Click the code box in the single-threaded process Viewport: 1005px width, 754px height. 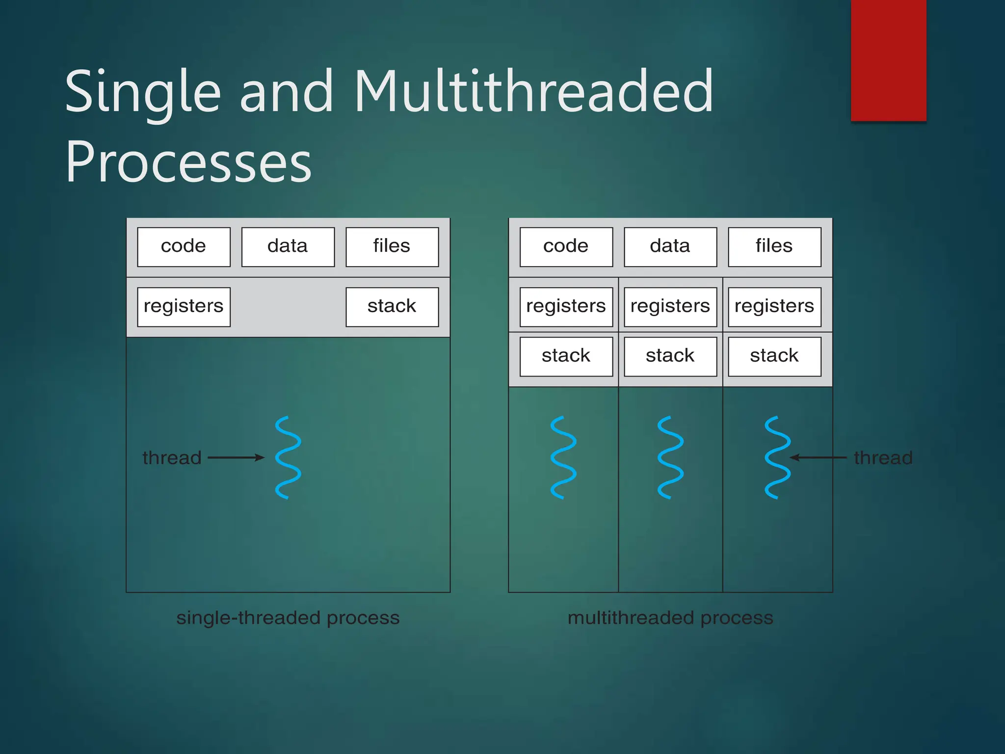pyautogui.click(x=184, y=247)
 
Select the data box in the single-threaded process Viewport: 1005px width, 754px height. pyautogui.click(x=288, y=247)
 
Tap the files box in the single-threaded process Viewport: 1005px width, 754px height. pyautogui.click(x=392, y=247)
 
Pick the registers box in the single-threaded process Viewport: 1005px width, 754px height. pyautogui.click(x=184, y=307)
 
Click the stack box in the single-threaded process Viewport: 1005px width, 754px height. pyautogui.click(x=392, y=307)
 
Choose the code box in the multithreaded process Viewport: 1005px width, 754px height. pyautogui.click(x=566, y=247)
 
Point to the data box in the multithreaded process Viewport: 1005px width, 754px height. pyautogui.click(x=670, y=247)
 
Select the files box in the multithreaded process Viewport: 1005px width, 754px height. pyautogui.click(x=774, y=247)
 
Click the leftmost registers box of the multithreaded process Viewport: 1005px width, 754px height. pyautogui.click(x=566, y=307)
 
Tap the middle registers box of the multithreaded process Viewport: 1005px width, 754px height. pyautogui.click(x=670, y=307)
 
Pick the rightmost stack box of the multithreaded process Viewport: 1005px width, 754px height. pyautogui.click(x=774, y=356)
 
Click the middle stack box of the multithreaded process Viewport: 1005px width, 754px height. pyautogui.click(x=670, y=356)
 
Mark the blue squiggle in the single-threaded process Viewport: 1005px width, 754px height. pyautogui.click(x=288, y=458)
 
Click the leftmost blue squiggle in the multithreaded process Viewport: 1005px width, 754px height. pyautogui.click(x=563, y=458)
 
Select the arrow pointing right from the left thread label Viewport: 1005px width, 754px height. pyautogui.click(x=236, y=458)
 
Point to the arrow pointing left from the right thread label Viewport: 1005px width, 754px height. pyautogui.click(x=818, y=458)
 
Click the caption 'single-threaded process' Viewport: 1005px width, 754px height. pyautogui.click(x=288, y=618)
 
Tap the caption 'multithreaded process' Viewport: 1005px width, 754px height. pyautogui.click(x=670, y=618)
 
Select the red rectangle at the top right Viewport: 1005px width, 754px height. pyautogui.click(x=888, y=60)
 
